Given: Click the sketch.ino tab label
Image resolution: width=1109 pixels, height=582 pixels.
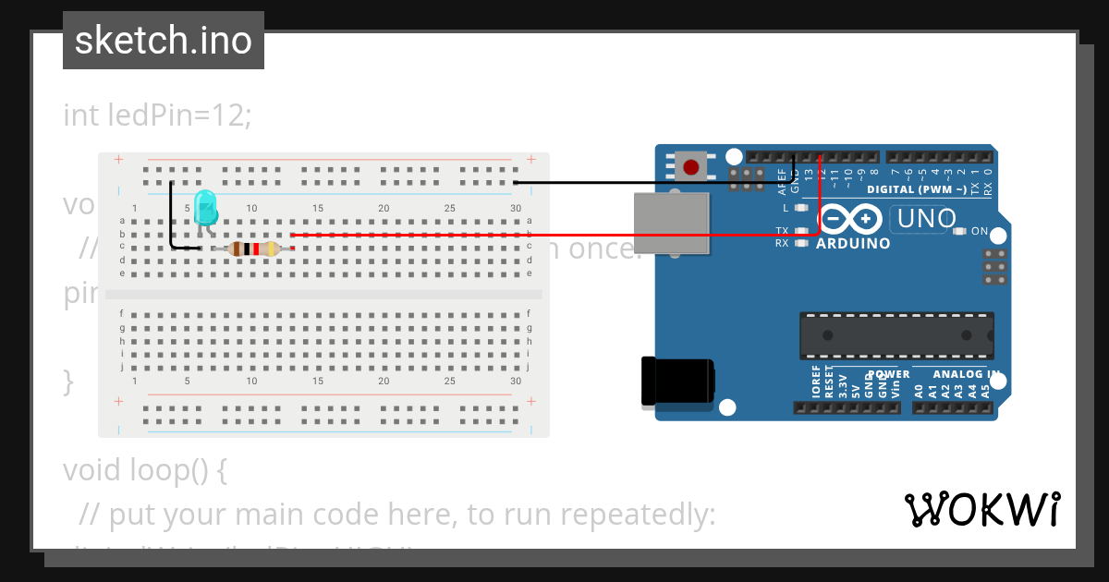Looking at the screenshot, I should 163,41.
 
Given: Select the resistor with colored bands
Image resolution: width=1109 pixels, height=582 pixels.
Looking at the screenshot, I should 253,248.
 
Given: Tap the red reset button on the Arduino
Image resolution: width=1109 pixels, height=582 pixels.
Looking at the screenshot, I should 690,167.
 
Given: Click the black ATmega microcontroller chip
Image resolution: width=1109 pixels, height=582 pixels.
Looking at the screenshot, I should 896,335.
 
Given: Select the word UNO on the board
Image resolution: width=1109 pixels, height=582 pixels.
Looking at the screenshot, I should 923,219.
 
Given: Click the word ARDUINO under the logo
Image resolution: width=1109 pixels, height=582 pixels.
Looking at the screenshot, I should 853,244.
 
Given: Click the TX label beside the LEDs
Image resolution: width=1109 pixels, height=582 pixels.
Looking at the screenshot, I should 782,230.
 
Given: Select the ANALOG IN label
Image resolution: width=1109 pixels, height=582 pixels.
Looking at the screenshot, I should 966,374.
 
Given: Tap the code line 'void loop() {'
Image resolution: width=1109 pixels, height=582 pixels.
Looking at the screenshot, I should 144,469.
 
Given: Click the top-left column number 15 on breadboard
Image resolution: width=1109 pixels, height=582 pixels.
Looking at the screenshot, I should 317,209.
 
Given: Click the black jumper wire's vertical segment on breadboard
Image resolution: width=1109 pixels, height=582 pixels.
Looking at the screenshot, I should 170,214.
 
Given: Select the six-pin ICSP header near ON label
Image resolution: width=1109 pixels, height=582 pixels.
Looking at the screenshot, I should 994,267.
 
